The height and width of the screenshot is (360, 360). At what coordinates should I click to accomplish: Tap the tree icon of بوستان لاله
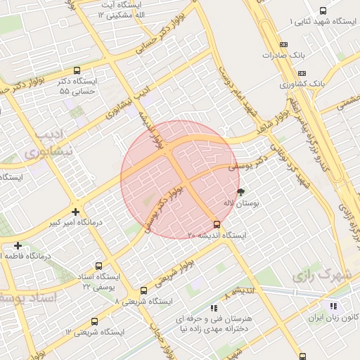(241, 191)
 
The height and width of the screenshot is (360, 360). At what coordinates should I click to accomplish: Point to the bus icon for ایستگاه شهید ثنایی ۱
(323, 11)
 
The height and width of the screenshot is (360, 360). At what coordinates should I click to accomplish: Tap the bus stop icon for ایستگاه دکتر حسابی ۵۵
(77, 70)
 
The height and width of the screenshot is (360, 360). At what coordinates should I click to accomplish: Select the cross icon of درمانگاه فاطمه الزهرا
(18, 245)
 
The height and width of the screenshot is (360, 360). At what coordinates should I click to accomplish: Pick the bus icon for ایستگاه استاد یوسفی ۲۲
(98, 266)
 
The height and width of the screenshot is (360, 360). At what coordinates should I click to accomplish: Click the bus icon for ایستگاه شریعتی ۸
(143, 290)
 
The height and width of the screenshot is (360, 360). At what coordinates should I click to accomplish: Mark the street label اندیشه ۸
(240, 291)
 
